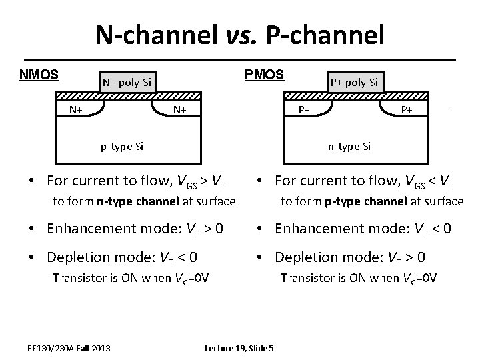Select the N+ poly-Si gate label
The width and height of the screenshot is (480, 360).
pyautogui.click(x=127, y=83)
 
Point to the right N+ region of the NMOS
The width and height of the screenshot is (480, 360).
pyautogui.click(x=179, y=109)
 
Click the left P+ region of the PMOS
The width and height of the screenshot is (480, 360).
pyautogui.click(x=303, y=109)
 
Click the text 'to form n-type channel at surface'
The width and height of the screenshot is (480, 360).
pyautogui.click(x=144, y=201)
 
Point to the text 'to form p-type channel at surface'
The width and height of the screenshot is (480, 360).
pyautogui.click(x=371, y=201)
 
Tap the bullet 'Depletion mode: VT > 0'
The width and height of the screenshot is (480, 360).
pyautogui.click(x=350, y=257)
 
